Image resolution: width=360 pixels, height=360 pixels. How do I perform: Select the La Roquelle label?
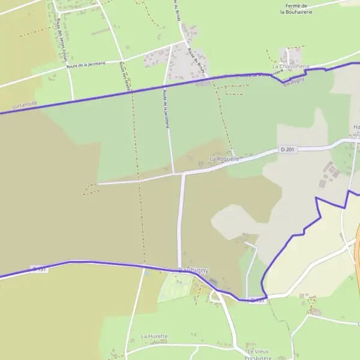(224, 158)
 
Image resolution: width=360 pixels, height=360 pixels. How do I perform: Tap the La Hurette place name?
(154, 337)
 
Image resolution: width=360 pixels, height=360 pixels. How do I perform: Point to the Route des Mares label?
(125, 76)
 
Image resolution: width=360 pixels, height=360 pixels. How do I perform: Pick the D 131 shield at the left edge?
(40, 269)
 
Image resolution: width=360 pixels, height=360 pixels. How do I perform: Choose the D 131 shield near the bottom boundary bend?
(257, 299)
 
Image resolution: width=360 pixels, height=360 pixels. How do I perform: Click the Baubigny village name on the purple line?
(193, 271)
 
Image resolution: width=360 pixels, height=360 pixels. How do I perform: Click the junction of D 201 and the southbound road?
(181, 173)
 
